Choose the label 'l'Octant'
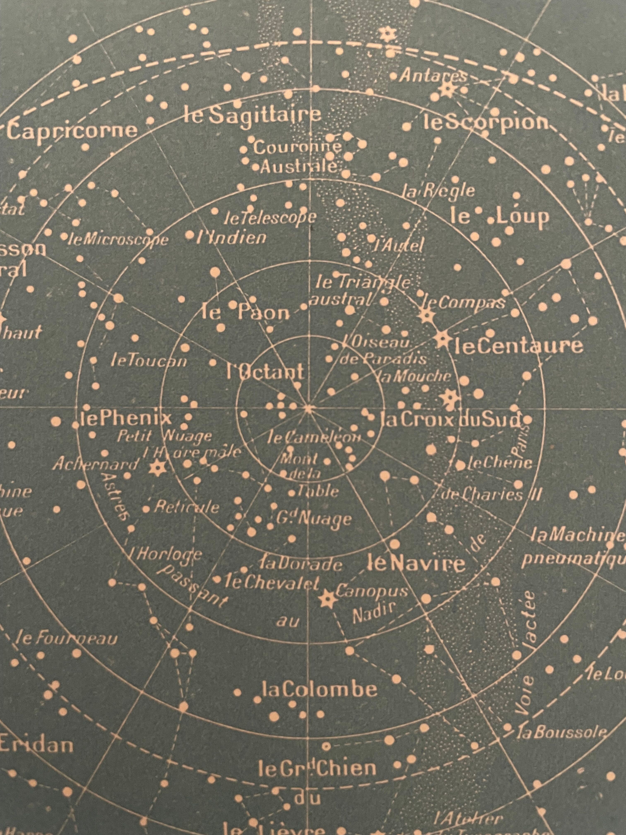coord(265,372)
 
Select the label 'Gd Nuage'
coord(313,519)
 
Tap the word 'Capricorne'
coord(72,130)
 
